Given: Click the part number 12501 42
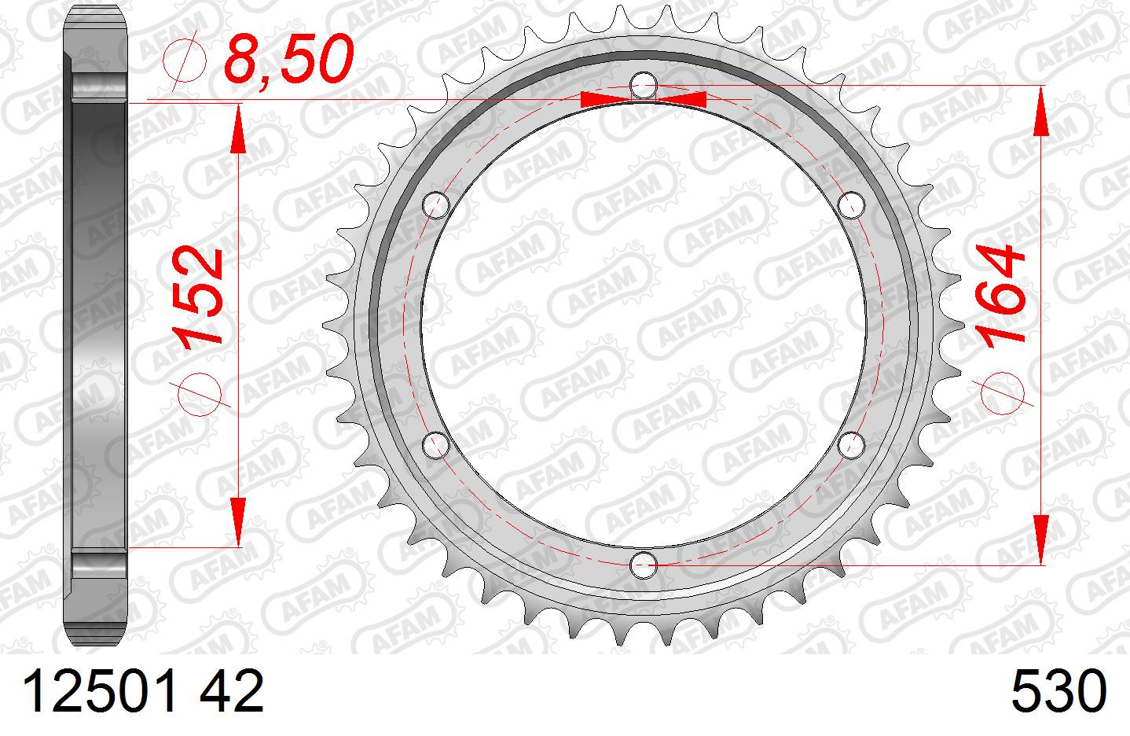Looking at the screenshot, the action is (143, 691).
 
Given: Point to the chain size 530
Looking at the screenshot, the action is (1058, 691).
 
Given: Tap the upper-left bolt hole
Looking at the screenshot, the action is (436, 205).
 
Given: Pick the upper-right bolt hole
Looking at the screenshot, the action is (851, 205).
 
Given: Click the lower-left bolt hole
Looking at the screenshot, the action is (436, 445).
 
